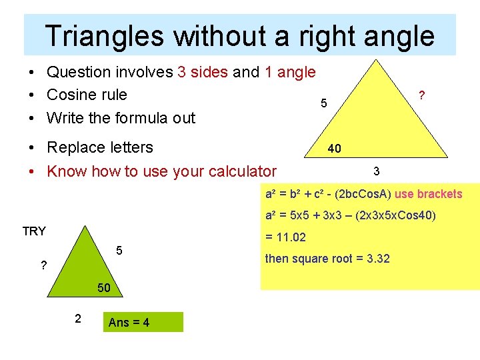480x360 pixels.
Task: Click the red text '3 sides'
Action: tap(203, 72)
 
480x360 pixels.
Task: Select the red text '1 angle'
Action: tap(290, 72)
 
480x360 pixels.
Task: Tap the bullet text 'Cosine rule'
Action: tap(87, 95)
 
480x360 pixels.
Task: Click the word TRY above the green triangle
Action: tap(34, 231)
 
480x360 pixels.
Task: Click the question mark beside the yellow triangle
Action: tap(421, 96)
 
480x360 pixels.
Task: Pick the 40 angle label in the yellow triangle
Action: tap(335, 148)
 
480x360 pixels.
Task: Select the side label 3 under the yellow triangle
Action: tap(377, 172)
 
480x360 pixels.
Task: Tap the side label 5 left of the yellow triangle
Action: tap(324, 104)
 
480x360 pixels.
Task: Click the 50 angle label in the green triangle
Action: tap(104, 288)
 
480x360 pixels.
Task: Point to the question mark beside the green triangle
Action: tap(43, 265)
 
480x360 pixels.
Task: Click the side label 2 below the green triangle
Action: tap(77, 319)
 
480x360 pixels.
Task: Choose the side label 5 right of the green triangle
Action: tap(119, 251)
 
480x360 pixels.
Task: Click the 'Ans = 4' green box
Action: tap(143, 323)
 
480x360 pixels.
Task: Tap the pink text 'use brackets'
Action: tap(429, 194)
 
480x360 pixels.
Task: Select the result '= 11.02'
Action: tap(285, 237)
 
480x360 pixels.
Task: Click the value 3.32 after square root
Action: tap(378, 258)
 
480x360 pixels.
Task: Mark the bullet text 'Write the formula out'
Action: tap(121, 118)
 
